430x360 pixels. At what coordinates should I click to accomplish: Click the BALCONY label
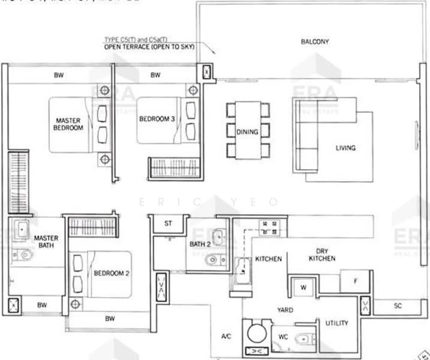(x=315, y=41)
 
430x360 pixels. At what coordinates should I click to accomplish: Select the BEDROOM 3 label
(x=157, y=119)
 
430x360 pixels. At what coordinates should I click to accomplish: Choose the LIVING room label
(x=345, y=148)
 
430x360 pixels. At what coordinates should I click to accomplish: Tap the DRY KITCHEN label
(x=321, y=254)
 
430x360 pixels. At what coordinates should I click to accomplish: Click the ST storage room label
(x=169, y=224)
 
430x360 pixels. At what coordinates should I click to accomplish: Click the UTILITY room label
(x=336, y=323)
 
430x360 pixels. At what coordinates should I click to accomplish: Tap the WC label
(x=282, y=337)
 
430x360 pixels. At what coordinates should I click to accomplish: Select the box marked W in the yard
(x=303, y=287)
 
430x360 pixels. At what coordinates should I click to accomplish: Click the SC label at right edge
(x=397, y=305)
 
